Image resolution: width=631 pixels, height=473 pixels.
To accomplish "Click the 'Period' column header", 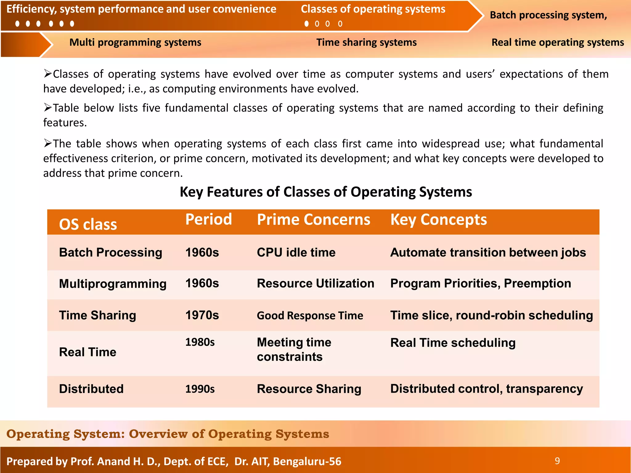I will [209, 220].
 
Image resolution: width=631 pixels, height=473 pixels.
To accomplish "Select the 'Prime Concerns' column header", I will [313, 220].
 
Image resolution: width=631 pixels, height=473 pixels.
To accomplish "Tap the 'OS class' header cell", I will [88, 224].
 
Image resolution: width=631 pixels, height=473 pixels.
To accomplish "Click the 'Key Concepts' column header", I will [438, 220].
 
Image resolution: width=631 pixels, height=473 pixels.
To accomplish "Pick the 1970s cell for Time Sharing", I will [202, 315].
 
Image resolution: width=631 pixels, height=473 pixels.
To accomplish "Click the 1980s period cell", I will [200, 342].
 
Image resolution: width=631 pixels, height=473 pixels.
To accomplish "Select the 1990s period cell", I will [200, 389].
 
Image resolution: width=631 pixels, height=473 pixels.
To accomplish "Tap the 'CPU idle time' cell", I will [296, 253].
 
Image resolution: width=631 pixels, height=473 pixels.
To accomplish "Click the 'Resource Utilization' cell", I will [315, 283].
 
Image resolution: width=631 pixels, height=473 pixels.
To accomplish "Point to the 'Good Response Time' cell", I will [310, 315].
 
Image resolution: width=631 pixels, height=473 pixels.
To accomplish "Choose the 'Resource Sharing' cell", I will [309, 389].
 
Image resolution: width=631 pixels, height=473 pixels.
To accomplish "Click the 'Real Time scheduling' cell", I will [453, 343].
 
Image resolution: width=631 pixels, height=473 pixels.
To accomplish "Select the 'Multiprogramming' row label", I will [112, 284].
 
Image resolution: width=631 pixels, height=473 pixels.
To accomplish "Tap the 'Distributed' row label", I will [91, 389].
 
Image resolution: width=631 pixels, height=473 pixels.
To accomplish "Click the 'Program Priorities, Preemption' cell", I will [480, 283].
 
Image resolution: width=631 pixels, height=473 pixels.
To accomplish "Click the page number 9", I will [557, 461].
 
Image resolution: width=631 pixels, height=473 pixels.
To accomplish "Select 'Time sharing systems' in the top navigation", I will [366, 42].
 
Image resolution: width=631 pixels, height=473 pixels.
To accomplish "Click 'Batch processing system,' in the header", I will [548, 15].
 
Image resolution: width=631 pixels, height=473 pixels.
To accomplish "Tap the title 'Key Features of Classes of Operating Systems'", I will [326, 192].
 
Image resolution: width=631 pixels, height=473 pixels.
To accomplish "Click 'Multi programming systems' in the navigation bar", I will [135, 42].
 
